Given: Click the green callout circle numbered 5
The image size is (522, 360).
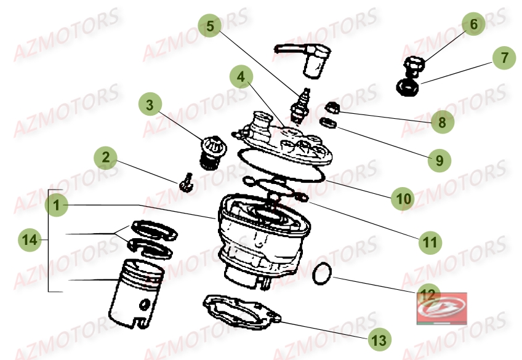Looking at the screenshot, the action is (x=210, y=25).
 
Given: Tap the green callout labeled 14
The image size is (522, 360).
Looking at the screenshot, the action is (x=30, y=240).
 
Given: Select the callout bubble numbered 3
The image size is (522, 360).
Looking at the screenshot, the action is (x=150, y=105).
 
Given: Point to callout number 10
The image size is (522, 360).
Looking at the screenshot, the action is (x=403, y=199).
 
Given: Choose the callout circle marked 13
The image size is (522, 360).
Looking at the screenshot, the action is (x=380, y=340).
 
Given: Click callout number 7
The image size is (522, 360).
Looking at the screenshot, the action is (x=504, y=58).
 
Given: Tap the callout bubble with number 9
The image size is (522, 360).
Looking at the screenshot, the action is (x=440, y=161).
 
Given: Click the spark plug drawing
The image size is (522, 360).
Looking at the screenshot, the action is (x=300, y=106).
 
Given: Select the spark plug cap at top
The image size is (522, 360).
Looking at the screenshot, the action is (x=303, y=60).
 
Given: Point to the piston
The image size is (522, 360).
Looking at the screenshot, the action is (x=137, y=293).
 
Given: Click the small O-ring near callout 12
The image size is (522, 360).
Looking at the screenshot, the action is (x=322, y=273).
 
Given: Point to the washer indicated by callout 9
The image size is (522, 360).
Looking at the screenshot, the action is (x=328, y=122).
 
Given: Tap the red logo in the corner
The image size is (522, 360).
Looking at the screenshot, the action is (x=442, y=308).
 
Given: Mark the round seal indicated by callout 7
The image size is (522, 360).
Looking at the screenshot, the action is (x=408, y=87).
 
